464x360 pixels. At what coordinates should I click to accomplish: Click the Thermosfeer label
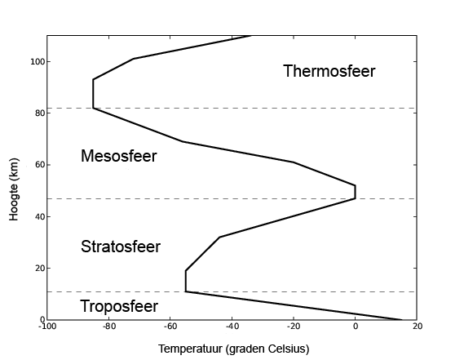click(329, 71)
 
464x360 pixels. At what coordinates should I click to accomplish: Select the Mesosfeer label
click(118, 155)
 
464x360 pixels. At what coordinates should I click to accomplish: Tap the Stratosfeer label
click(121, 247)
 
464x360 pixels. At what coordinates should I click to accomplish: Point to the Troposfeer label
click(118, 306)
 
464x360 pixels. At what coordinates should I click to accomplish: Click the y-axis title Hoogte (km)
click(14, 179)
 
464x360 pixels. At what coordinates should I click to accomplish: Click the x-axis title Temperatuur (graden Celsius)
click(233, 349)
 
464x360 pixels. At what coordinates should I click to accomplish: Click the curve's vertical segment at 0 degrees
click(355, 192)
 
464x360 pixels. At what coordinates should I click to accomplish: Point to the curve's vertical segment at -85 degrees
click(93, 94)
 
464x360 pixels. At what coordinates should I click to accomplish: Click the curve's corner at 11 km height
click(186, 291)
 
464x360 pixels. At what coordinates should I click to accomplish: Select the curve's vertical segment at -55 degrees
click(186, 281)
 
